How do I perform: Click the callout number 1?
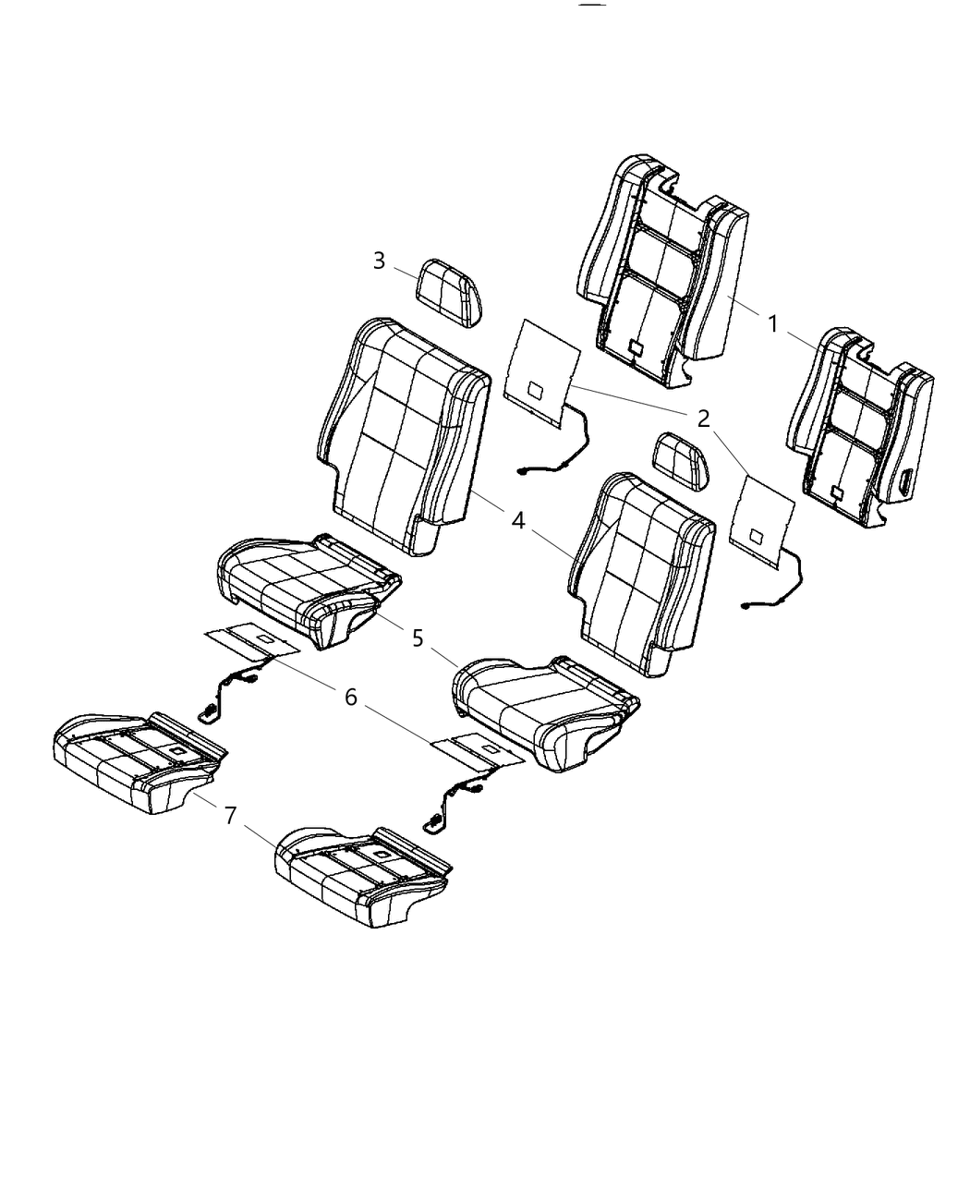coord(772,323)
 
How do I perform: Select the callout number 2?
coord(703,419)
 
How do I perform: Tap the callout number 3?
coord(379,261)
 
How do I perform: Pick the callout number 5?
coord(418,638)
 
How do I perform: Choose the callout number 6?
coord(350,697)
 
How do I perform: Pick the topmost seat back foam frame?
coord(661,268)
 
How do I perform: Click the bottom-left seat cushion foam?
coord(139,762)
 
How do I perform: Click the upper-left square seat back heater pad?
coord(540,374)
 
